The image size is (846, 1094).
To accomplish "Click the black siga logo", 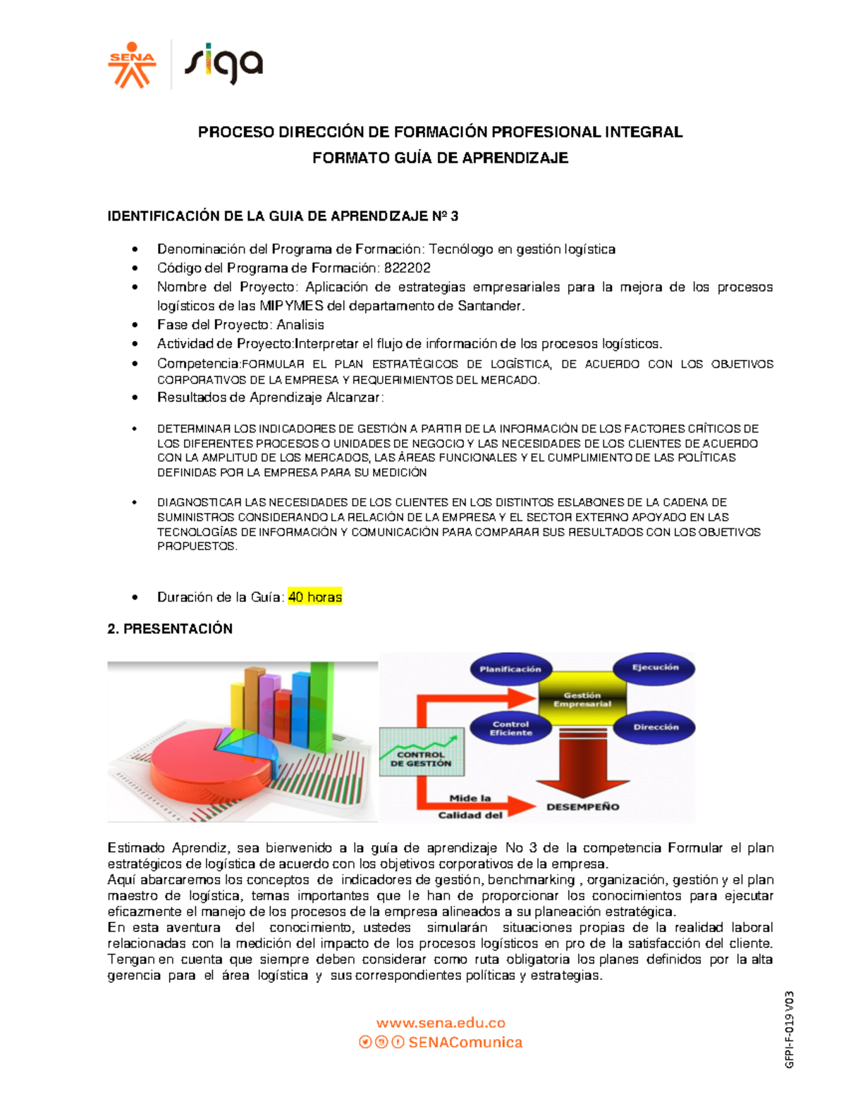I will (223, 66).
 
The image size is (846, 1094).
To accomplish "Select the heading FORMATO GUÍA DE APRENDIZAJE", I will (440, 158).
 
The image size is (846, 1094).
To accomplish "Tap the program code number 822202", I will (407, 268).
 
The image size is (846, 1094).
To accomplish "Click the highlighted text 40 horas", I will (315, 597).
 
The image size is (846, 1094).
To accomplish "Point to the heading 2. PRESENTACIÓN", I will (170, 629).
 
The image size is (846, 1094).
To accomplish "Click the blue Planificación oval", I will (510, 669).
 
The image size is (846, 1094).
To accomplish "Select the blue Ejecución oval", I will (654, 668).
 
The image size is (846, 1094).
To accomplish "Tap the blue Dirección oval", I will (655, 727).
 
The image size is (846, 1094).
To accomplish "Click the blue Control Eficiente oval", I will (511, 728).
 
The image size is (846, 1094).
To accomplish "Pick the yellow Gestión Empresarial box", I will (582, 700).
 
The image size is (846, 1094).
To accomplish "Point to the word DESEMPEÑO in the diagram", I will (583, 807).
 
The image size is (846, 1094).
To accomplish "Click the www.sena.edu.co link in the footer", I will (441, 1023).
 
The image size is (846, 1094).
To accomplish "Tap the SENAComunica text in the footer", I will (465, 1043).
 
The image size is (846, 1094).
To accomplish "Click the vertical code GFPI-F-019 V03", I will (790, 1029).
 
